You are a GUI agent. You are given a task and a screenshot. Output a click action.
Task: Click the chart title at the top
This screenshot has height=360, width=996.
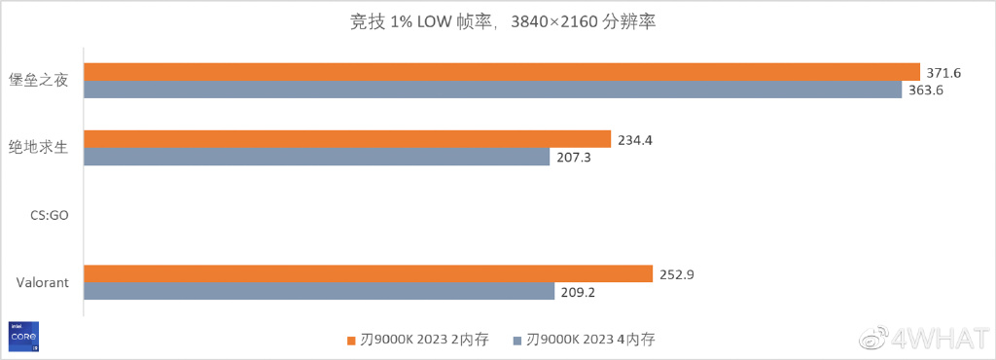[497, 21]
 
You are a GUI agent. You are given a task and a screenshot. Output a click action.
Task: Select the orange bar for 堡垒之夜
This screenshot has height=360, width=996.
[501, 72]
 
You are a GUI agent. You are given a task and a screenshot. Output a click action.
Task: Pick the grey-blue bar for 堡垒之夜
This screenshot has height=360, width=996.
[492, 90]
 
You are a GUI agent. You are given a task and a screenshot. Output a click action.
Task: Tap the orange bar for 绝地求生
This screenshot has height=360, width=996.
[347, 139]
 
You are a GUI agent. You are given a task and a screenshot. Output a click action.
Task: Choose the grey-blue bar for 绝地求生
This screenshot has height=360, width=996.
[316, 156]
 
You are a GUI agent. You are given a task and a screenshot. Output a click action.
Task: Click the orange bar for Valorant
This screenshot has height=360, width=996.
[368, 273]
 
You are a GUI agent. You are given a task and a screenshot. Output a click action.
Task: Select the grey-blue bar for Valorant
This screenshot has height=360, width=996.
[318, 290]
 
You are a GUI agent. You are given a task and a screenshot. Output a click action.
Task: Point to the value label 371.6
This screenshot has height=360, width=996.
[943, 73]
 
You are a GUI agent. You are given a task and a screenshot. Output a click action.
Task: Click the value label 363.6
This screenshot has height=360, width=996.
[925, 90]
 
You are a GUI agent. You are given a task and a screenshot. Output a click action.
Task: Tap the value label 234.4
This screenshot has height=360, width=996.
[634, 140]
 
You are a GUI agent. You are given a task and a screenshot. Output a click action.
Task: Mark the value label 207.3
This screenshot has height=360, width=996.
[573, 157]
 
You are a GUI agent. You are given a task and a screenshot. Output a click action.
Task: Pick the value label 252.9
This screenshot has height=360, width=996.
[675, 274]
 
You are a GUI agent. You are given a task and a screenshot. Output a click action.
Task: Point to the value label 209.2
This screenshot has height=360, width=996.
[577, 291]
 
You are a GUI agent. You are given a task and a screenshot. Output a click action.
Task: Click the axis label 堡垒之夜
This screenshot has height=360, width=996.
[38, 81]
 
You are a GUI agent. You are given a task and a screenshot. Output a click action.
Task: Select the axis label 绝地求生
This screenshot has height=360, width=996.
[38, 148]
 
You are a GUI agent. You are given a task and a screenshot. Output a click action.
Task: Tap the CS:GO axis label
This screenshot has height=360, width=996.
[48, 215]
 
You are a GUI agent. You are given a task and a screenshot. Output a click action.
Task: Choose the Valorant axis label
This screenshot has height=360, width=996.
[42, 282]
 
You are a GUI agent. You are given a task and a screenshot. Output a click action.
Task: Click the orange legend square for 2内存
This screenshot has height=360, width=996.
[352, 341]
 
